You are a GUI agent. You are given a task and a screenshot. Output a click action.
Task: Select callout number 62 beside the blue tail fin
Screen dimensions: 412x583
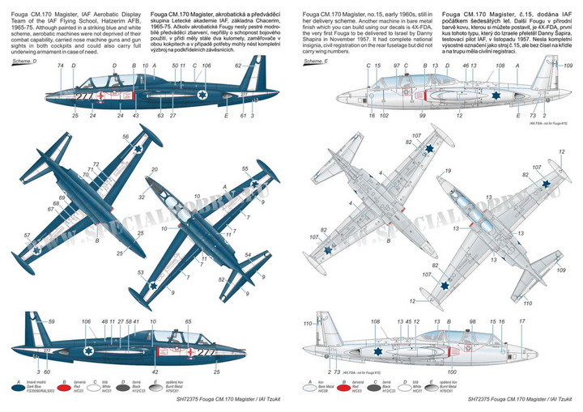tap(239, 66)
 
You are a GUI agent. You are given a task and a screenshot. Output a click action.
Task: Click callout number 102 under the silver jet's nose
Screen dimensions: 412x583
tap(385, 116)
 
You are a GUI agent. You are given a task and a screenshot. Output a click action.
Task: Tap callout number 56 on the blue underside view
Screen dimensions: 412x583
tap(125, 138)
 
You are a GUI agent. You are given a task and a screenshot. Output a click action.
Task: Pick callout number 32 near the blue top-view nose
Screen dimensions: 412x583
tap(143, 197)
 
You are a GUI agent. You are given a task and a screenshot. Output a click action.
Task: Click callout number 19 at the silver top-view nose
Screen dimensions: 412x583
tap(447, 172)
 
